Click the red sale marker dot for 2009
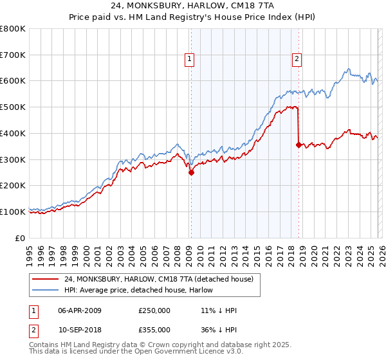191,172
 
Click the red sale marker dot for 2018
299,145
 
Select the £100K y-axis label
13,212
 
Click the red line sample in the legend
46,279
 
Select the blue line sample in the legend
46,290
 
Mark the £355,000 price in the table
154,329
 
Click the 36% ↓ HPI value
219,329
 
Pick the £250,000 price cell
154,310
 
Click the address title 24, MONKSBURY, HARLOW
193,7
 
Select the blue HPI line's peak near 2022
347,69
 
